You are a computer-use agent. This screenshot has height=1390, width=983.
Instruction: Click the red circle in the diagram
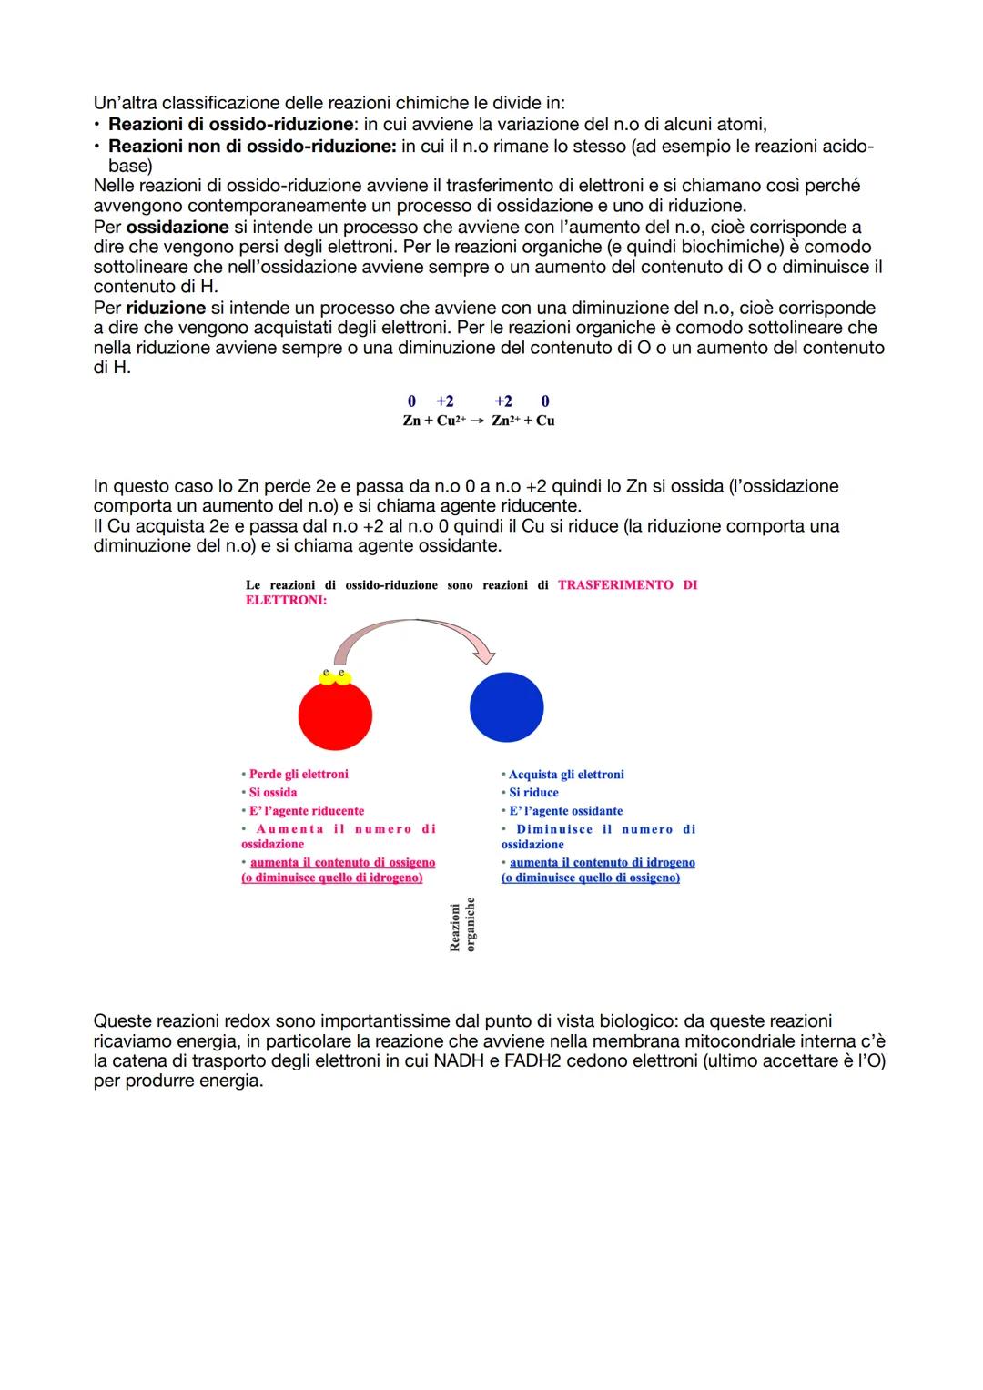tap(335, 715)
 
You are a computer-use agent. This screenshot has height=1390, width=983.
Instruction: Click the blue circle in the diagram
tap(506, 707)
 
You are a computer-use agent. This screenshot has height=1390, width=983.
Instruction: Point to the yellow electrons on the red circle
tap(335, 675)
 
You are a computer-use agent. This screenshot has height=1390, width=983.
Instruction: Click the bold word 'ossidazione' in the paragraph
tap(177, 227)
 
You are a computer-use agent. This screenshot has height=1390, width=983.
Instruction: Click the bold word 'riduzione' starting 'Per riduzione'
tap(166, 308)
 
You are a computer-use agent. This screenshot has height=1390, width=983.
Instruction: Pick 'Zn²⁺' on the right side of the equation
tap(505, 421)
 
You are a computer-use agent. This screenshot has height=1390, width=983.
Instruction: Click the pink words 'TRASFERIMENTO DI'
tap(627, 585)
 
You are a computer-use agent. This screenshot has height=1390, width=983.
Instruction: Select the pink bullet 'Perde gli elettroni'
tap(298, 775)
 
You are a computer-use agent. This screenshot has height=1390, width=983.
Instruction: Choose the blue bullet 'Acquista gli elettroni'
tap(565, 775)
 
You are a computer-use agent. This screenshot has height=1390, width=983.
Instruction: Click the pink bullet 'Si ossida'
tap(272, 793)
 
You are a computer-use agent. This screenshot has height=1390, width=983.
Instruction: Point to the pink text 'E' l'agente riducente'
tap(306, 811)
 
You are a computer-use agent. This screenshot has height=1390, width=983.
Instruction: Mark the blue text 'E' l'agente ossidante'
tap(565, 811)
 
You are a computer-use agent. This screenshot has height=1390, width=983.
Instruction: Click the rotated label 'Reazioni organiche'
tap(462, 926)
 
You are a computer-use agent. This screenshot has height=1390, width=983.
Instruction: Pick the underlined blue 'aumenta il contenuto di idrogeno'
tap(602, 863)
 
